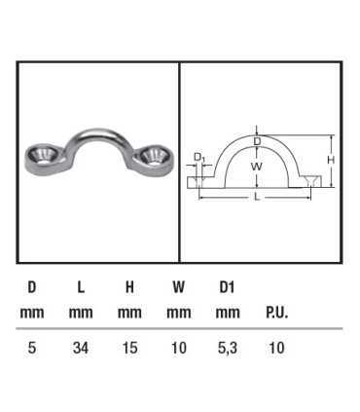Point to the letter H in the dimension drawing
[x=331, y=160]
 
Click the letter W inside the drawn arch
[x=257, y=167]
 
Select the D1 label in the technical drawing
[x=199, y=157]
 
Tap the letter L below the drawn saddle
[x=257, y=197]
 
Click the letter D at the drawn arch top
[x=257, y=141]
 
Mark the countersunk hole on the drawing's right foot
[x=310, y=180]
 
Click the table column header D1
[x=227, y=287]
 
